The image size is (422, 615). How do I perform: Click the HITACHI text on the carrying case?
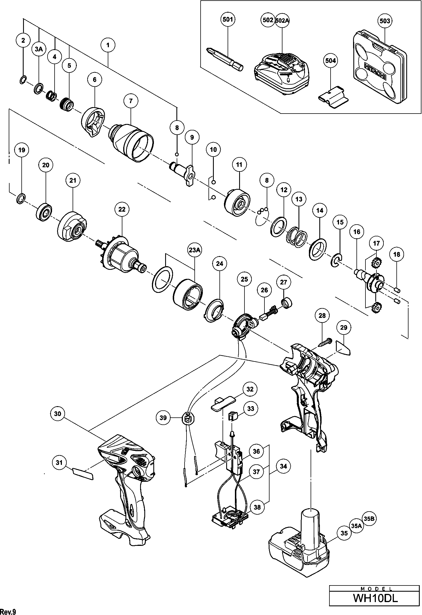pos(376,72)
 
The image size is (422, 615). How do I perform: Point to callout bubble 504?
pos(330,61)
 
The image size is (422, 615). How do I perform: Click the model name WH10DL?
pos(375,598)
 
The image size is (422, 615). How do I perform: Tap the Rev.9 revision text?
pos(8,611)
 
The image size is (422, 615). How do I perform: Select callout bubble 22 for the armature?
pos(122,209)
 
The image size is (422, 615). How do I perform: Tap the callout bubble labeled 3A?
pos(39,49)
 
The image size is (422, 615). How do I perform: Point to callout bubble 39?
pos(163,418)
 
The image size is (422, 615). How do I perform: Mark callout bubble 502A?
pos(282,20)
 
